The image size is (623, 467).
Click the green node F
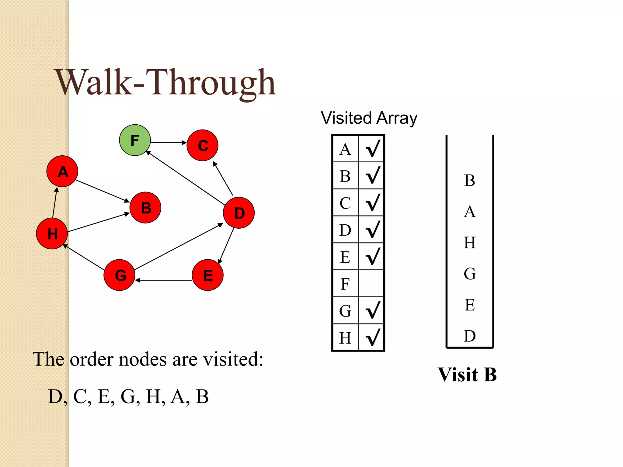(x=135, y=140)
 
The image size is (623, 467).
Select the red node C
(x=202, y=145)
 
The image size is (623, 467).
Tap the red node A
(x=62, y=171)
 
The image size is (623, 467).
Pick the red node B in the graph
(x=145, y=208)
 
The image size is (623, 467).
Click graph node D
(x=239, y=213)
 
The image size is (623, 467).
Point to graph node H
(x=52, y=233)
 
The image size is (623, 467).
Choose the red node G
(x=120, y=275)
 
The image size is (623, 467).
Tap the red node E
(x=208, y=275)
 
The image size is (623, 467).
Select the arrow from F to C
(x=168, y=142)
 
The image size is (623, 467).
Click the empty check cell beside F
(x=371, y=283)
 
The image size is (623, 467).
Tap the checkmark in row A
(x=372, y=148)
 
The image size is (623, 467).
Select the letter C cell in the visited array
(x=345, y=203)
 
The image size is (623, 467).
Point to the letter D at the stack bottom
(x=470, y=336)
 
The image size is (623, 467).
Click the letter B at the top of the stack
(x=470, y=180)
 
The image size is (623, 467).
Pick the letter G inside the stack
(x=470, y=274)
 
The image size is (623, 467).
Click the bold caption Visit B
(x=467, y=374)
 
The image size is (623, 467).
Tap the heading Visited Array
(x=369, y=118)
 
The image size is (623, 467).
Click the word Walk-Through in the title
(x=166, y=83)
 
